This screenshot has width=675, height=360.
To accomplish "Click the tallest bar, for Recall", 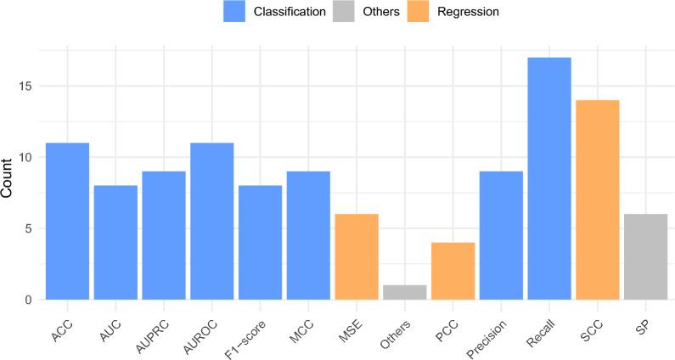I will click(x=548, y=178).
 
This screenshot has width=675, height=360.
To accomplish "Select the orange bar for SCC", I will click(x=597, y=200).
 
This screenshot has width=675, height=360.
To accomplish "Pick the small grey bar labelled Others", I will click(x=404, y=292).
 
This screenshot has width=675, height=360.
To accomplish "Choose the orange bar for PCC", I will click(x=453, y=271).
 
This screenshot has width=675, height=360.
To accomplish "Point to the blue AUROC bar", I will click(x=211, y=221).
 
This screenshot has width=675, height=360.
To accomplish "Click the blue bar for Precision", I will click(x=501, y=235).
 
